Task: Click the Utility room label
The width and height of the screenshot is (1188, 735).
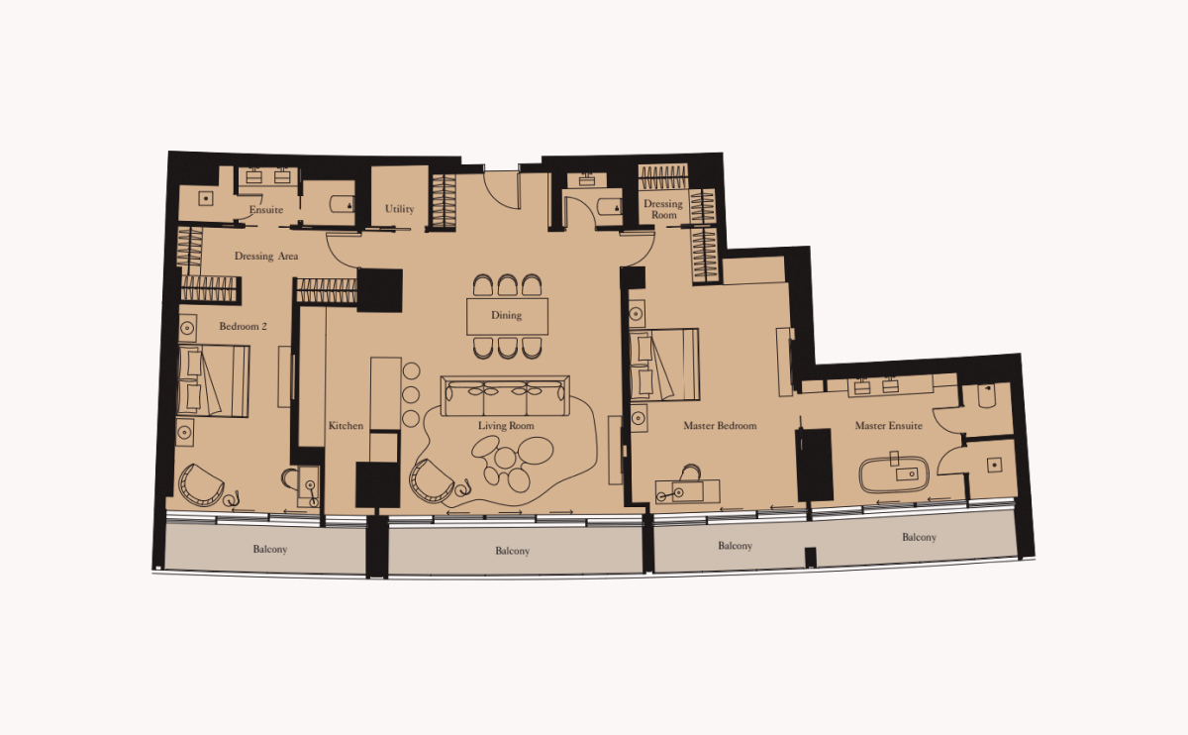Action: point(400,209)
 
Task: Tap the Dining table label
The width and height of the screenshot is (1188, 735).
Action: point(506,316)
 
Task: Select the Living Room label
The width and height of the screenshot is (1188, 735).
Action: point(506,426)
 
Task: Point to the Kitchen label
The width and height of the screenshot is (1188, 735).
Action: point(346,426)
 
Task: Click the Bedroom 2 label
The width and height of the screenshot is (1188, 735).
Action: point(243,326)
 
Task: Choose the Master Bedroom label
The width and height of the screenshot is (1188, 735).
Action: point(720,426)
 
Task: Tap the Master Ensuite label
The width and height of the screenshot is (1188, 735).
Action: point(889,426)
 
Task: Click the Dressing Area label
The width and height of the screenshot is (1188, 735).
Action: point(266,257)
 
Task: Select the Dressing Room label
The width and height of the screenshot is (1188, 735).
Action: point(663,210)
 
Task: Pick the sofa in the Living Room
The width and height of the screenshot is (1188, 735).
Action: point(506,398)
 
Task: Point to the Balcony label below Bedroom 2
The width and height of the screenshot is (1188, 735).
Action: point(270,549)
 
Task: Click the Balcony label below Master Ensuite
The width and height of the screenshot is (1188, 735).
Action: point(919,537)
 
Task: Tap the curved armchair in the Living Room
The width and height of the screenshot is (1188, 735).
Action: point(430,481)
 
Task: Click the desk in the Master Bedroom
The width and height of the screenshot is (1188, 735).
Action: point(687,489)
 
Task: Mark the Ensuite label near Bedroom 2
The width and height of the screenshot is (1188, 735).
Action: point(266,210)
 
